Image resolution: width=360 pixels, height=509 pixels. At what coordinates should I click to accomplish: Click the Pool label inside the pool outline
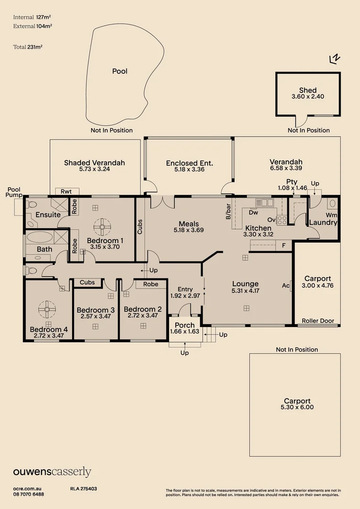(120, 71)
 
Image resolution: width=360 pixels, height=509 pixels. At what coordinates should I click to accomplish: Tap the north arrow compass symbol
(335, 58)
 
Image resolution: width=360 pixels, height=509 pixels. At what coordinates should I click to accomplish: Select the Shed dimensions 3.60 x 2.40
(308, 97)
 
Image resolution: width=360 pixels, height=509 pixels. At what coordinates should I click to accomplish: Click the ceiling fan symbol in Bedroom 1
(101, 227)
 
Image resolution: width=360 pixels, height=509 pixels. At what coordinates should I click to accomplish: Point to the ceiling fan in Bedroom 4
(48, 310)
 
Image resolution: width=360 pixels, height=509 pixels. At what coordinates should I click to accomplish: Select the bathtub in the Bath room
(39, 237)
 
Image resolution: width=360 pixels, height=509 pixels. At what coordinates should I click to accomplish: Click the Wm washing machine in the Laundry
(331, 214)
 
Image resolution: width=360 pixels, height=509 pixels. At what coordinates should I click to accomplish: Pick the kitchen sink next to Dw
(264, 203)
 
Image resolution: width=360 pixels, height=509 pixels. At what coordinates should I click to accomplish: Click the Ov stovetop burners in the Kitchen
(282, 220)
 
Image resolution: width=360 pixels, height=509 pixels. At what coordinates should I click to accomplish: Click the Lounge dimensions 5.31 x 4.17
(245, 291)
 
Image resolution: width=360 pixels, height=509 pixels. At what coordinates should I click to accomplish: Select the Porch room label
(185, 325)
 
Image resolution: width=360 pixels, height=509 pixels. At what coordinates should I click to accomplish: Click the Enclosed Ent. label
(189, 163)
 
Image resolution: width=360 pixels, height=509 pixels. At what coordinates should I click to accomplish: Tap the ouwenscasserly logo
(52, 472)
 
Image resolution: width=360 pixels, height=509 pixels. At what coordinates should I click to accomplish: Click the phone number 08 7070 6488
(29, 494)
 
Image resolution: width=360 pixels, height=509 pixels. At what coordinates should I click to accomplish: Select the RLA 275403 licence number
(83, 489)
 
